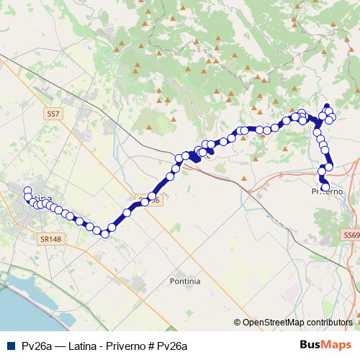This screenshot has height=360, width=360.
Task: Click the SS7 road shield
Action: pos(53,114)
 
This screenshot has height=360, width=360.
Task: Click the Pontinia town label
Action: pos(185,281)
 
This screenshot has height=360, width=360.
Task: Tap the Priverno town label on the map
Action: pos(326,192)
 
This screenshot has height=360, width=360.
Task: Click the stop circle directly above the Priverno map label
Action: pos(325,187)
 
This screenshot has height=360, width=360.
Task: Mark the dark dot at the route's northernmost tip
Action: pos(326,105)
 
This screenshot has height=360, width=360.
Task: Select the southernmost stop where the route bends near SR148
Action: pos(104,233)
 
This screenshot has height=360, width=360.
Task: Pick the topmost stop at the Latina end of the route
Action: pos(28,191)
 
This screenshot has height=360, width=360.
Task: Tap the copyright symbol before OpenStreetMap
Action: pos(237,323)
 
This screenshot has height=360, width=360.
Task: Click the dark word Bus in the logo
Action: pos(310,345)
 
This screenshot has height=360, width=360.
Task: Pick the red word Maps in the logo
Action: pos(338,345)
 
